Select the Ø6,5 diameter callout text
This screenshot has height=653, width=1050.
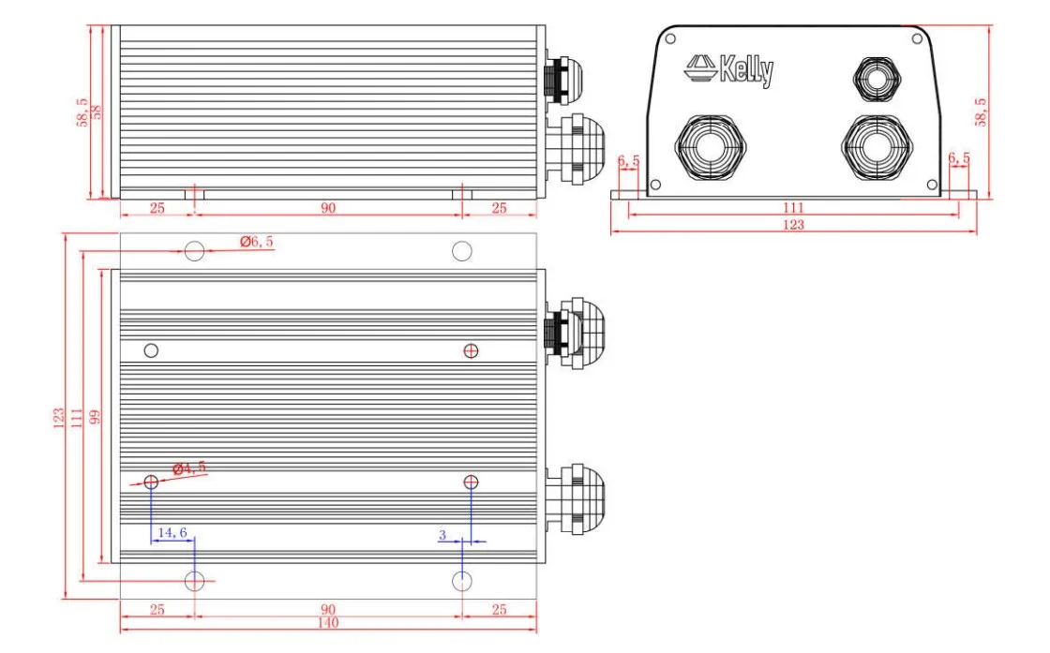[256, 242]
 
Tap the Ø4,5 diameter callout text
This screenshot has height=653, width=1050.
[188, 467]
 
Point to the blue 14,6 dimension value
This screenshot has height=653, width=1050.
[172, 532]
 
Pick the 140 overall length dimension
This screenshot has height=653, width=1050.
[327, 623]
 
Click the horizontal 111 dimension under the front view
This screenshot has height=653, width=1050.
[793, 207]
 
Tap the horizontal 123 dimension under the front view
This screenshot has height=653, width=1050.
[793, 225]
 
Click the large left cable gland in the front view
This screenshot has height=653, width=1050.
[712, 149]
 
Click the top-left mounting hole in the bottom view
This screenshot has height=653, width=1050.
[194, 251]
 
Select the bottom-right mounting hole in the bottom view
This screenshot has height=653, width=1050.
[461, 581]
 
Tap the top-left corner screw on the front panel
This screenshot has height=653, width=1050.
[669, 39]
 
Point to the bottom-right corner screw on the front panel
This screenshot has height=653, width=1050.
[930, 184]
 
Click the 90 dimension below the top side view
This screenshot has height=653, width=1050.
[327, 208]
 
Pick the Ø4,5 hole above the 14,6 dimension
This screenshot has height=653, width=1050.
[151, 482]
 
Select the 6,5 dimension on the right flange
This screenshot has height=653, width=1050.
[959, 160]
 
